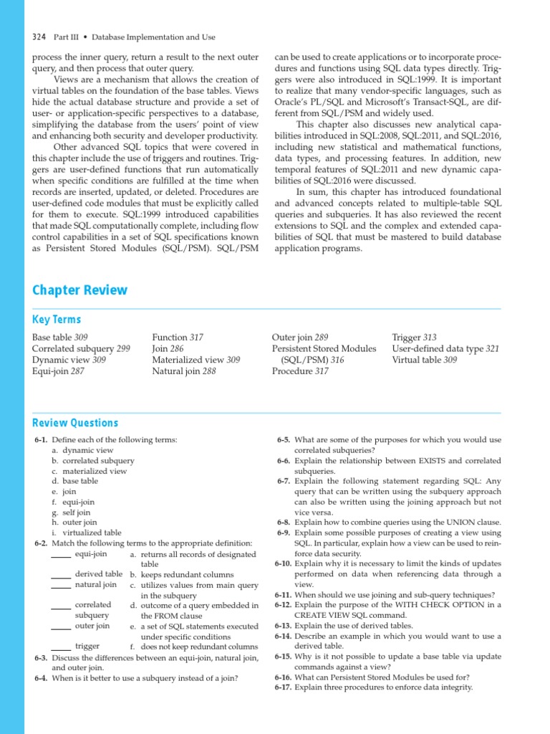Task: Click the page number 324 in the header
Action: pyautogui.click(x=39, y=37)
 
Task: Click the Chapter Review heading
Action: pyautogui.click(x=79, y=290)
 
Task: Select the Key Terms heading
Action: pyautogui.click(x=57, y=320)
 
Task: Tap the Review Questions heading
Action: pyautogui.click(x=75, y=423)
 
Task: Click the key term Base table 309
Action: pyautogui.click(x=60, y=337)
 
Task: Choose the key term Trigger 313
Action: pyautogui.click(x=414, y=337)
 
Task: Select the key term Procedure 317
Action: pyautogui.click(x=300, y=371)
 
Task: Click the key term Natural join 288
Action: pyautogui.click(x=184, y=371)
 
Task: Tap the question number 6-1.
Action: pyautogui.click(x=41, y=439)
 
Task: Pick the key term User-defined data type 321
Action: pyautogui.click(x=445, y=348)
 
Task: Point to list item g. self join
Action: pyautogui.click(x=71, y=513)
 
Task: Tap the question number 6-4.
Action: pyautogui.click(x=41, y=677)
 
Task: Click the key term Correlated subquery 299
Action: pyautogui.click(x=81, y=348)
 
